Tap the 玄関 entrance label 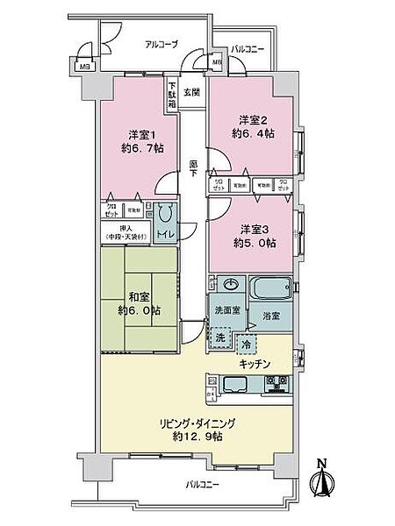[x=190, y=91]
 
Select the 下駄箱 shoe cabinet [x=172, y=95]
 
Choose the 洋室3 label [x=249, y=230]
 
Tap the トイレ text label [x=164, y=237]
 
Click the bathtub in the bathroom [x=269, y=287]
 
